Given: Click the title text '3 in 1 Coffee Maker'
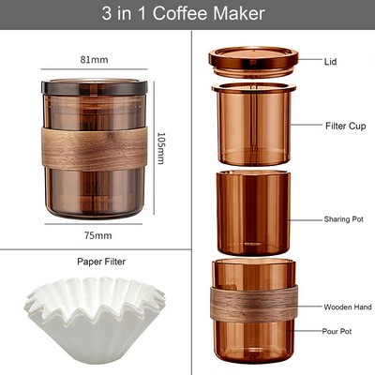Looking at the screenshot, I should tap(187, 13).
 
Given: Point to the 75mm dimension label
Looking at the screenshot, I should tap(97, 234).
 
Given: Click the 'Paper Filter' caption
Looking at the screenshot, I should tap(100, 262).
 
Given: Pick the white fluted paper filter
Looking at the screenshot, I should tap(95, 314).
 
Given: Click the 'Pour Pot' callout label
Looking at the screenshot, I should tap(337, 331).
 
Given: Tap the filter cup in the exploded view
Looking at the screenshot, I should tap(253, 127).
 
